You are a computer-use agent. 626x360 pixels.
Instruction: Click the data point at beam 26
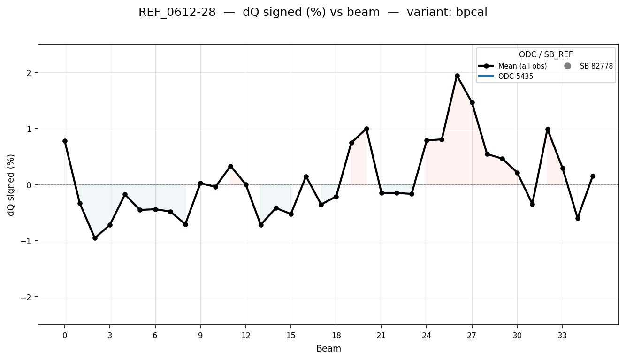point(457,76)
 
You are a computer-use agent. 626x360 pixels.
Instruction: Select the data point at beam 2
point(95,238)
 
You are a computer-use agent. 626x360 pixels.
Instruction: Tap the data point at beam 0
point(65,141)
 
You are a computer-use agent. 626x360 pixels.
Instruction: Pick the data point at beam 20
point(366,129)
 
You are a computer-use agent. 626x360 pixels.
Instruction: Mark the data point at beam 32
point(548,129)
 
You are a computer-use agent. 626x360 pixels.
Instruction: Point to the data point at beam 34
point(578,218)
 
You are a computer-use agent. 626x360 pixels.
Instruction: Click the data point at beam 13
point(261,225)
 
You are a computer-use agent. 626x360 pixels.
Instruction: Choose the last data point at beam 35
point(593,176)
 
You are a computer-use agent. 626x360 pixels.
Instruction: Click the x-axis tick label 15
point(291,336)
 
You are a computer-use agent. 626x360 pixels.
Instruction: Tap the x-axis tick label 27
point(472,336)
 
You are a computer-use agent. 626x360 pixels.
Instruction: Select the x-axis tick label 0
point(65,336)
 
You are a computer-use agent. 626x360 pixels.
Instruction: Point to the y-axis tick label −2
point(28,297)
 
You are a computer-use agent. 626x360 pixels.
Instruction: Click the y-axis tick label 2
point(30,73)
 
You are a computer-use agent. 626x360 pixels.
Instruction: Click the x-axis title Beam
point(328,349)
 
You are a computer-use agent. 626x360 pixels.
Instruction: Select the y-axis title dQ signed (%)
point(11,185)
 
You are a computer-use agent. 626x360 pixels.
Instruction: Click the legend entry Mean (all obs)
point(522,66)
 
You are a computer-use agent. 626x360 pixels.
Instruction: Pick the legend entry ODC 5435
point(516,77)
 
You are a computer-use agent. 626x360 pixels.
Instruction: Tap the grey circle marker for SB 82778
point(568,66)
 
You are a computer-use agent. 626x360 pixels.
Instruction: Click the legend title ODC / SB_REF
point(546,55)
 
